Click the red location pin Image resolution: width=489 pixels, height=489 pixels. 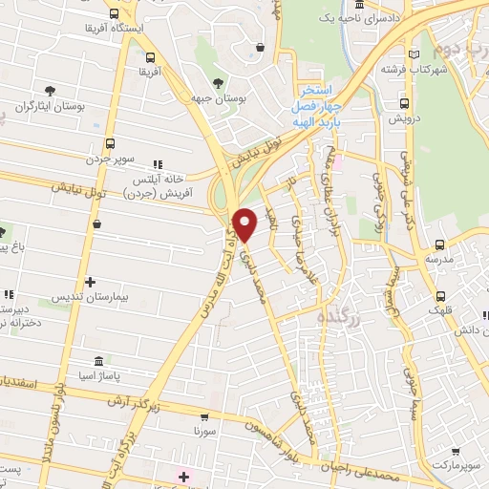245,223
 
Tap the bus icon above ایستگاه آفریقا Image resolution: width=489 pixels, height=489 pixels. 116,13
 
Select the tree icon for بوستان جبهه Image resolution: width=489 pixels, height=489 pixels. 219,83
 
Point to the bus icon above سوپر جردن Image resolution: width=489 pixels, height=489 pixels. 111,143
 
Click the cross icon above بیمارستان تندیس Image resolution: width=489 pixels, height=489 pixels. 90,282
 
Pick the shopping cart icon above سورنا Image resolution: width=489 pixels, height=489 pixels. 203,416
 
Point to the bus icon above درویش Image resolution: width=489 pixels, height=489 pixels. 403,104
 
